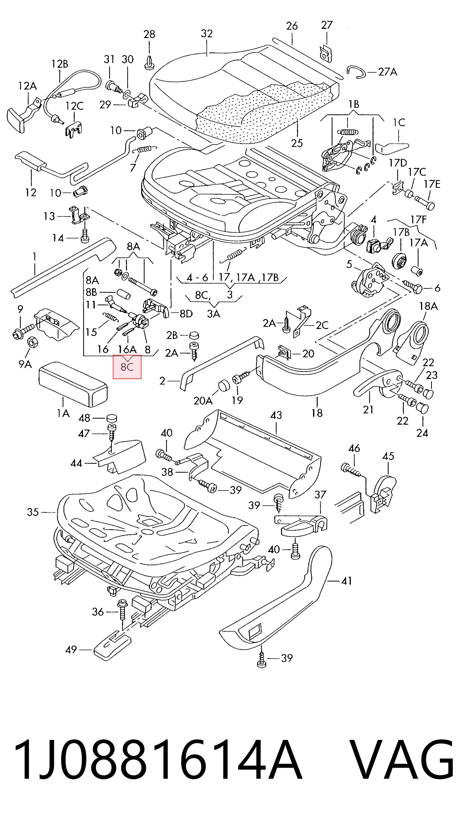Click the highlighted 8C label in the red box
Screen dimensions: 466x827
click(x=127, y=367)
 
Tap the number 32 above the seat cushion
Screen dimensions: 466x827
click(x=206, y=34)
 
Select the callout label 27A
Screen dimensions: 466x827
click(x=388, y=72)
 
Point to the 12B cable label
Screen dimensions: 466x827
click(x=60, y=64)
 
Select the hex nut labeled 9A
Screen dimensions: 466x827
click(x=33, y=342)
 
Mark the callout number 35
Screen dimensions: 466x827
click(x=33, y=512)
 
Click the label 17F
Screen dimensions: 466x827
click(x=419, y=220)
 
